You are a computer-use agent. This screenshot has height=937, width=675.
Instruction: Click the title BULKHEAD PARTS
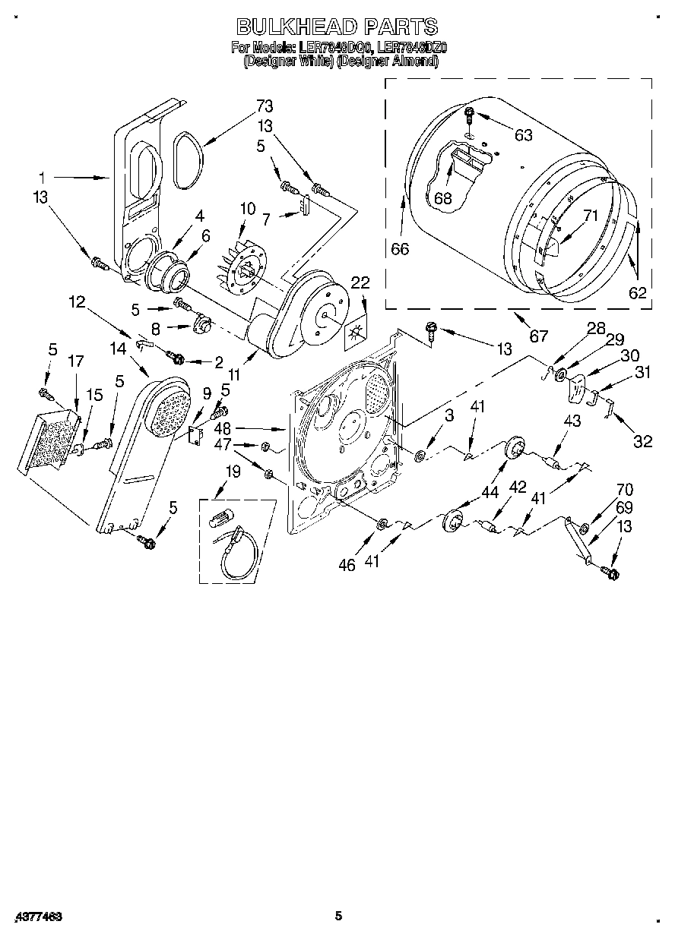[337, 27]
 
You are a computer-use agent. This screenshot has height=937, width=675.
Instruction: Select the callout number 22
[360, 283]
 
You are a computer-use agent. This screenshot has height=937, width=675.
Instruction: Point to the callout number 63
[523, 135]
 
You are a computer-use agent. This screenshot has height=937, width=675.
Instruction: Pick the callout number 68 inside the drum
[443, 199]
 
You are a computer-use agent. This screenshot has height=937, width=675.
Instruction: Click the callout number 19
[233, 472]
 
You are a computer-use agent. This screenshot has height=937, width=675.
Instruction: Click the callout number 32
[642, 441]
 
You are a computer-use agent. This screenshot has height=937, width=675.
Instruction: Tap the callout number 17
[77, 362]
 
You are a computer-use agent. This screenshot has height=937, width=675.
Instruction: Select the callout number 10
[247, 208]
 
